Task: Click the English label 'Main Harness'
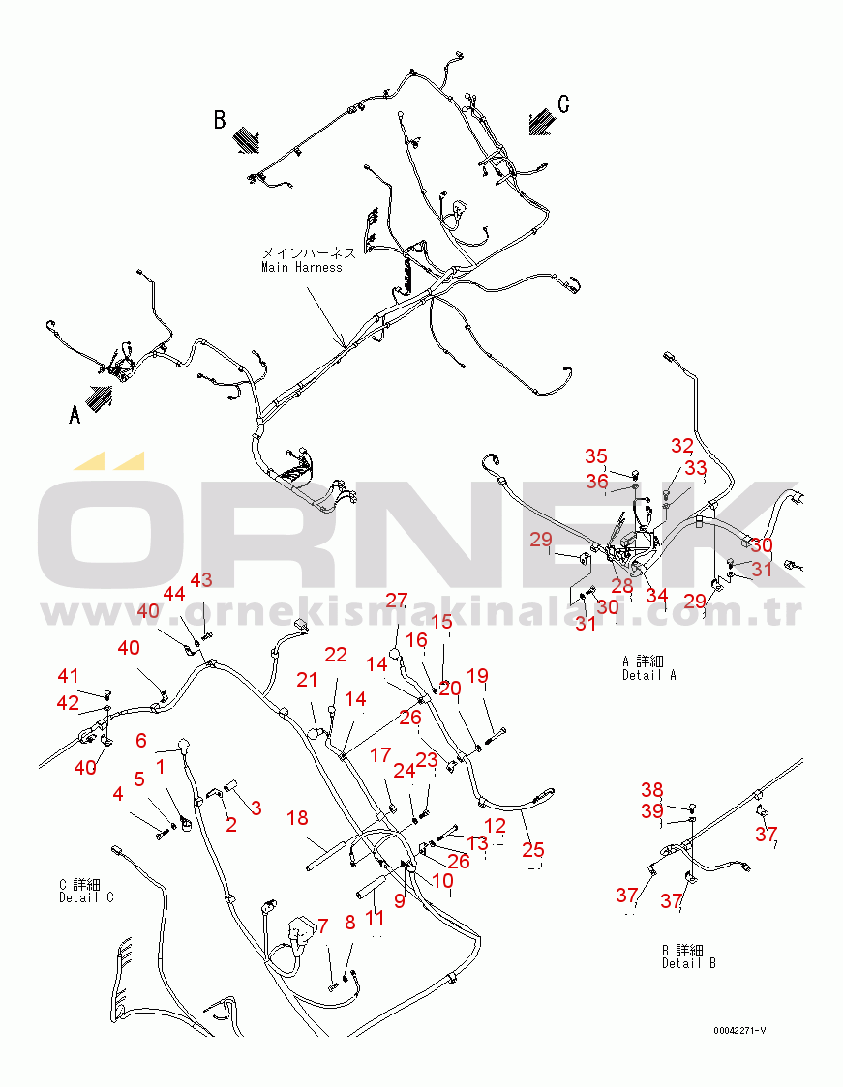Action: (301, 267)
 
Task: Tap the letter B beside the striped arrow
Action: (220, 120)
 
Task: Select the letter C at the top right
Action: (563, 104)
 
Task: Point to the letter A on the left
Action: (74, 415)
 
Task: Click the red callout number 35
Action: (595, 456)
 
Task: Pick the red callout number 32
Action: (682, 446)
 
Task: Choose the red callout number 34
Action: (656, 595)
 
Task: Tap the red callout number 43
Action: (200, 580)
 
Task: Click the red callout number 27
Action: (397, 601)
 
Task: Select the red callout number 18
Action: (297, 819)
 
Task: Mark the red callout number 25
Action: (533, 850)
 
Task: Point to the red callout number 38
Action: (652, 790)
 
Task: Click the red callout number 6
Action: (141, 741)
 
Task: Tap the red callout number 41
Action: (67, 676)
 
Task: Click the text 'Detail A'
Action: (648, 675)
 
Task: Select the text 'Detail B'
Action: (688, 963)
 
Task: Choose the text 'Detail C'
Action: (86, 897)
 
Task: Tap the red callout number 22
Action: (335, 656)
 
